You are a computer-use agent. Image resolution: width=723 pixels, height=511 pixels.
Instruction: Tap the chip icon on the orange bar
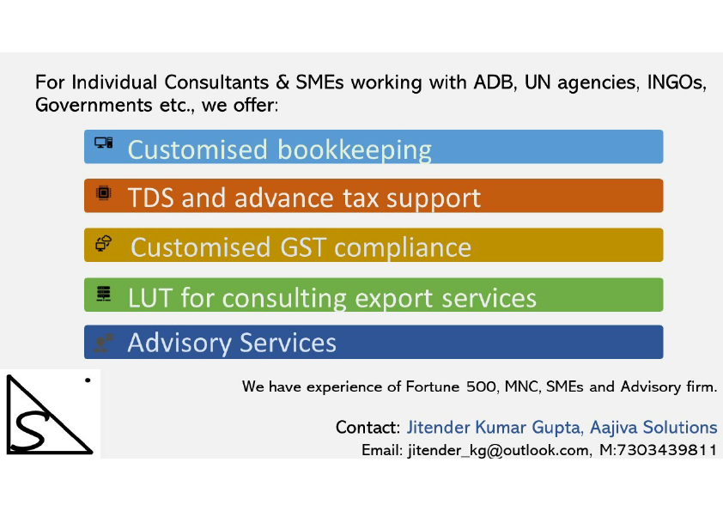(x=103, y=193)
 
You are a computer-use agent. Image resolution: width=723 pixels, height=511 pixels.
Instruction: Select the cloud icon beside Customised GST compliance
(x=104, y=243)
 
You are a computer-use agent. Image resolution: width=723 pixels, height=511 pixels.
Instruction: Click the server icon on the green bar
(x=104, y=294)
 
